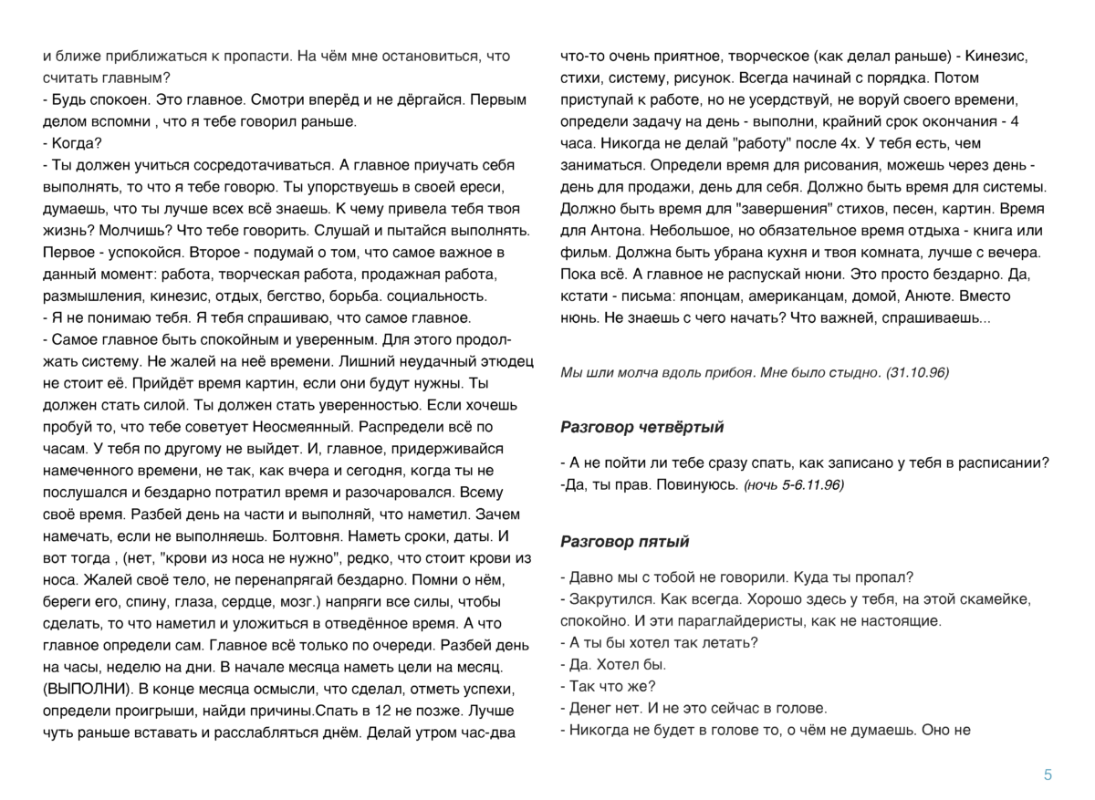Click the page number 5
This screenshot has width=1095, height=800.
tap(1048, 775)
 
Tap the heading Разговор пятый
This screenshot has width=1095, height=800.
tap(624, 542)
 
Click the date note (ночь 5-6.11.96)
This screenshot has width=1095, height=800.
tap(795, 483)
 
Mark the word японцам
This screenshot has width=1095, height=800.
tap(730, 296)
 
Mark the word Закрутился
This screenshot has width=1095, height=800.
tap(610, 599)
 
